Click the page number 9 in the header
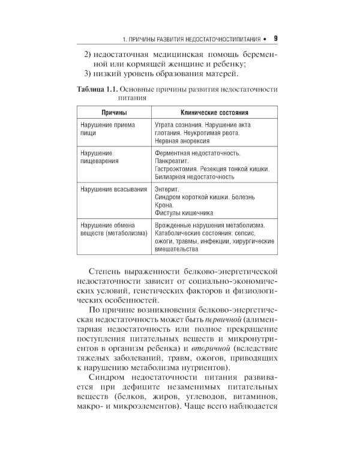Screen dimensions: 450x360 point(275,39)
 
